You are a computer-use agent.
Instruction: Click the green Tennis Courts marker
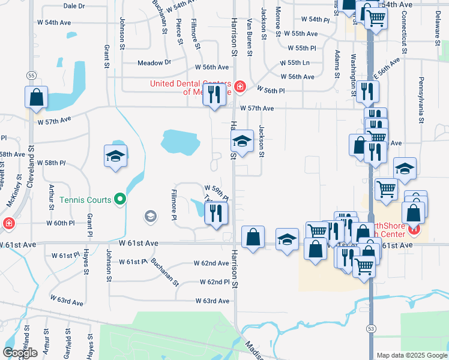click(x=120, y=199)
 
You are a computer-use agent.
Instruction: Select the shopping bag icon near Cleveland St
click(x=36, y=97)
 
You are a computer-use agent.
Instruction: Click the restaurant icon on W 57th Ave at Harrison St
click(x=214, y=94)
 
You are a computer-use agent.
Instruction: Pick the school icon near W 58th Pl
click(x=115, y=157)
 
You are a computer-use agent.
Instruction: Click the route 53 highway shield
click(x=371, y=328)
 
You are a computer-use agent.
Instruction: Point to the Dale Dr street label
click(x=74, y=5)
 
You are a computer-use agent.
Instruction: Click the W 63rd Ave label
click(x=211, y=301)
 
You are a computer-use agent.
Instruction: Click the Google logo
click(x=20, y=353)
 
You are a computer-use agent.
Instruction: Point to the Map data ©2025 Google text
click(x=412, y=355)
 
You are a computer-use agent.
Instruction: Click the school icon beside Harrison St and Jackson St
click(x=241, y=142)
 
